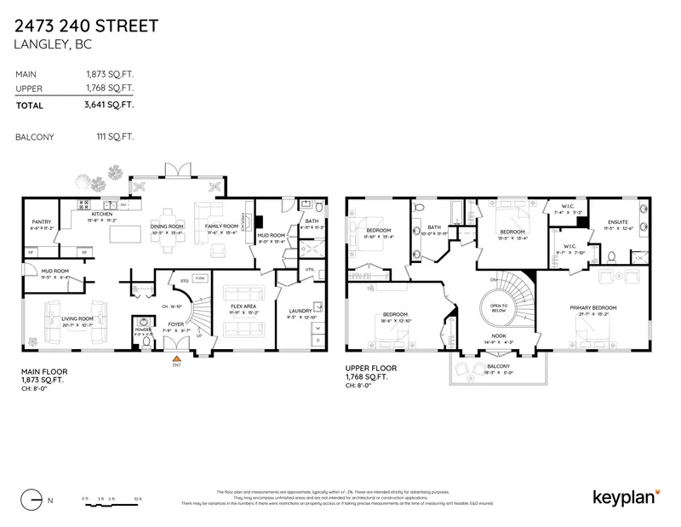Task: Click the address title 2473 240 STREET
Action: click(86, 26)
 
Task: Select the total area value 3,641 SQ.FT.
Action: click(111, 106)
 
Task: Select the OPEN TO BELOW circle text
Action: click(497, 307)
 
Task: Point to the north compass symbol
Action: click(33, 498)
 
